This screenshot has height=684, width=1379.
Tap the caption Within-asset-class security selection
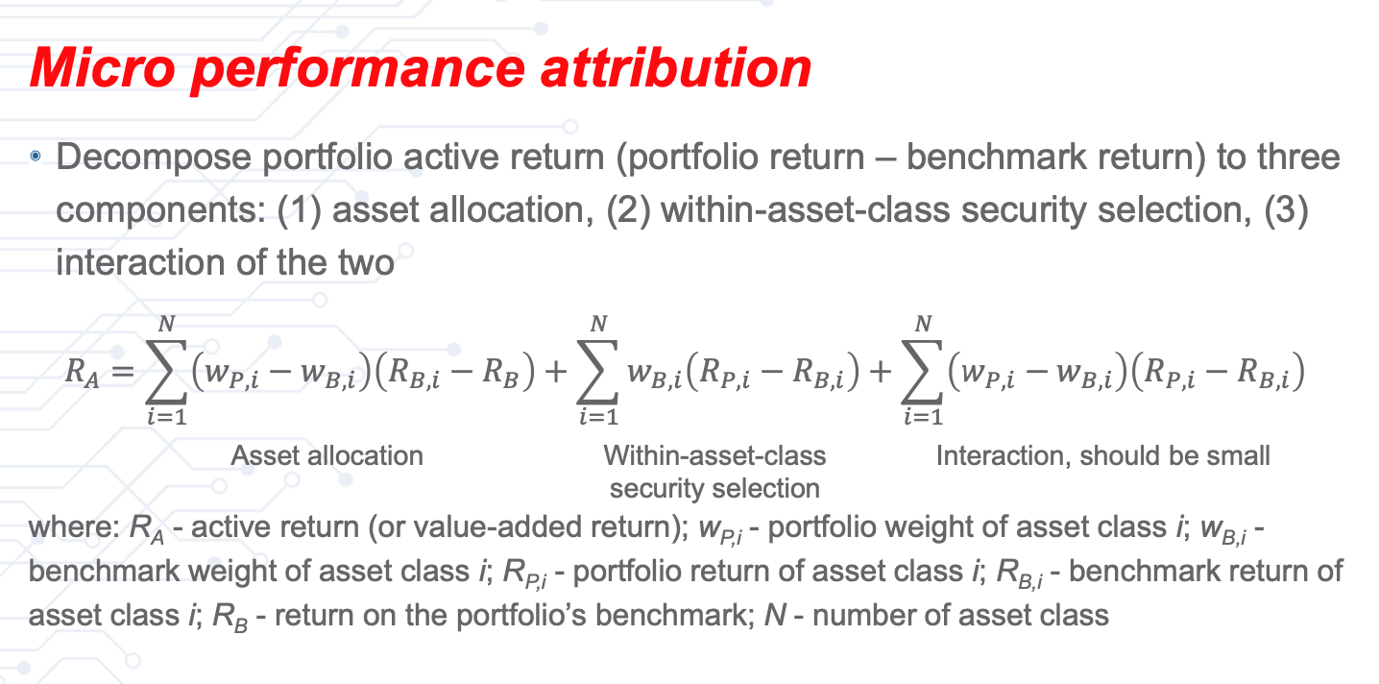click(714, 471)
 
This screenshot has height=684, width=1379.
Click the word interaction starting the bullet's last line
click(136, 262)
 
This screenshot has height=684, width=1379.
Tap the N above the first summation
click(166, 326)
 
